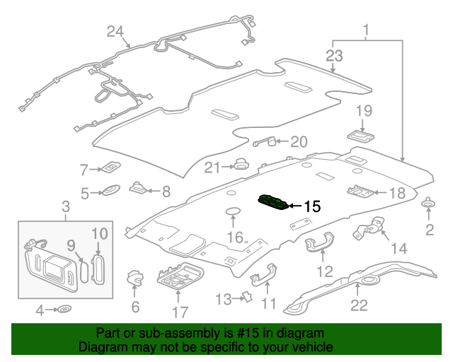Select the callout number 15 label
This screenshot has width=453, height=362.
coord(311,207)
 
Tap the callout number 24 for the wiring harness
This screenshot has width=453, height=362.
coord(115,30)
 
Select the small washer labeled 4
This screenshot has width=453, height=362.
coord(65,309)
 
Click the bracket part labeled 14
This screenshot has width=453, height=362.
coord(369,230)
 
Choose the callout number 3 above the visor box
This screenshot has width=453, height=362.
coord(65,206)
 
